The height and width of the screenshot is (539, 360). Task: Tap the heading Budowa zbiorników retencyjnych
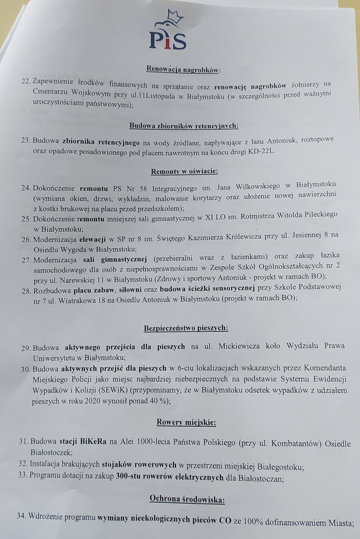tap(184, 126)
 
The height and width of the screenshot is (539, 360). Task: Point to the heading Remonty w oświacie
tap(184, 171)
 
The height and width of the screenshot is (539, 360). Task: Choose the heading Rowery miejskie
tap(186, 422)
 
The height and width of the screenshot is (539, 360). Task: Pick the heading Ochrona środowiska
tap(187, 500)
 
